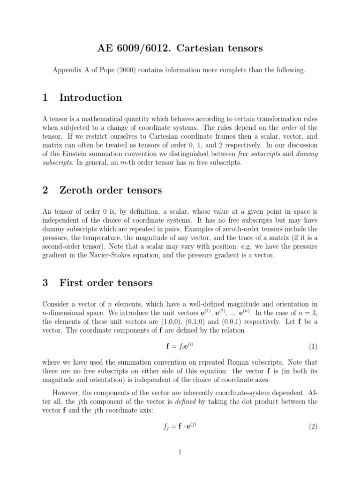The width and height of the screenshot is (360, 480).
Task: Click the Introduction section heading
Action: [x=90, y=97]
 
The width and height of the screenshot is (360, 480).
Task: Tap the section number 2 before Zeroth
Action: [x=45, y=190]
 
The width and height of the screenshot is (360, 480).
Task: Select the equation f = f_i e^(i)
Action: [x=180, y=347]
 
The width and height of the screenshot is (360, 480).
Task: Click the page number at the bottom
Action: [x=180, y=452]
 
